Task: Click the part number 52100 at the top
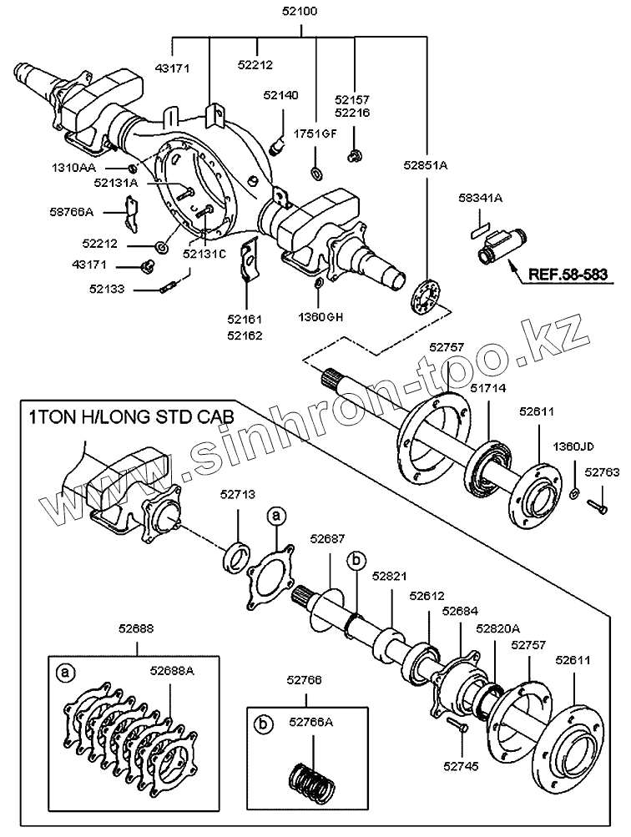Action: pyautogui.click(x=300, y=11)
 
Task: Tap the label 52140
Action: pyautogui.click(x=280, y=95)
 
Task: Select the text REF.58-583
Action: pyautogui.click(x=568, y=274)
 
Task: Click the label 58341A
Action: pyautogui.click(x=481, y=198)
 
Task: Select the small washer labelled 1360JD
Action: pyautogui.click(x=575, y=492)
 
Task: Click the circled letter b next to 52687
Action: pyautogui.click(x=356, y=561)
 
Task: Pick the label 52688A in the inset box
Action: pyautogui.click(x=172, y=670)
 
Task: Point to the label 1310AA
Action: pyautogui.click(x=73, y=168)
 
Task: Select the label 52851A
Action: pyautogui.click(x=426, y=166)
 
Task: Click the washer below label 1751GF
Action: pyautogui.click(x=316, y=173)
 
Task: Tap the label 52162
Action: pyautogui.click(x=245, y=335)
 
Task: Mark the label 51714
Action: pyautogui.click(x=488, y=388)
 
